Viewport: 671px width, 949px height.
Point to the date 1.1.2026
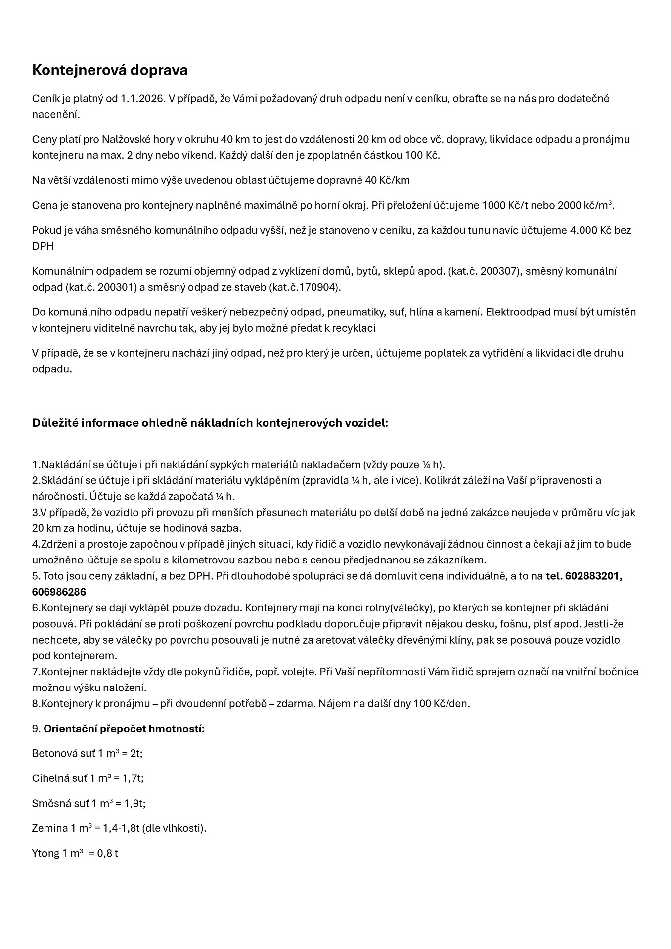point(142,98)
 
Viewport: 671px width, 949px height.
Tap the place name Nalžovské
point(123,139)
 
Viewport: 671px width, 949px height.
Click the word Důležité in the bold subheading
point(54,423)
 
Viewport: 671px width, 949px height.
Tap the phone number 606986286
point(59,592)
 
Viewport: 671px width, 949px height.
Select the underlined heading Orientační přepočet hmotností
point(124,729)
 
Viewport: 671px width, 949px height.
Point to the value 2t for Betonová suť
point(136,754)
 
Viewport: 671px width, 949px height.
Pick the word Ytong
point(45,853)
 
